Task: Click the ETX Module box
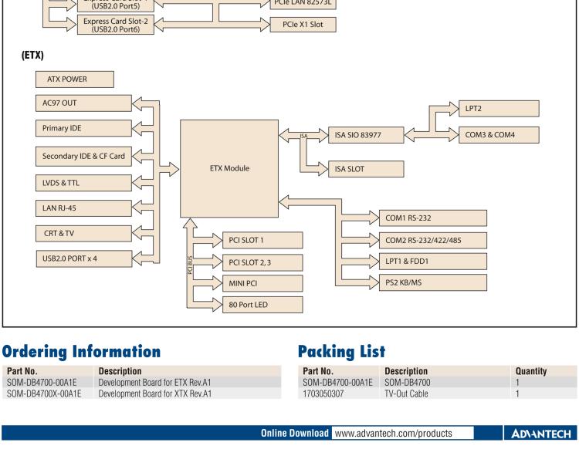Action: [x=229, y=168]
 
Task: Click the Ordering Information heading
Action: [x=81, y=350]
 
